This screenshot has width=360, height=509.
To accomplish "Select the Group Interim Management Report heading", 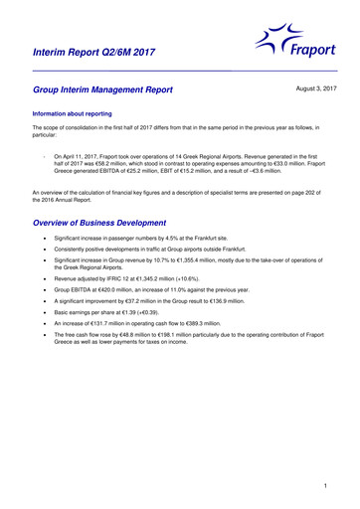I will tap(104, 90).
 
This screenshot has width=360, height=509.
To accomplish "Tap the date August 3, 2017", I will tap(310, 89).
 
